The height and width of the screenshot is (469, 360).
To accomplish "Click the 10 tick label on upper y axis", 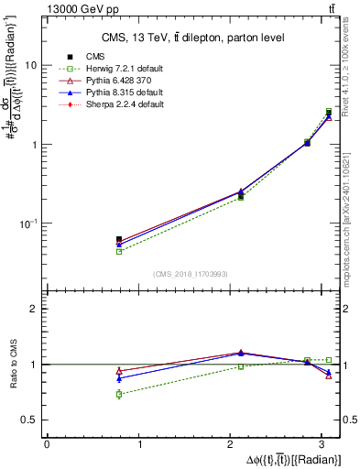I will [x=31, y=66].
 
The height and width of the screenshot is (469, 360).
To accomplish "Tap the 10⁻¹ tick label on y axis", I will [x=29, y=224].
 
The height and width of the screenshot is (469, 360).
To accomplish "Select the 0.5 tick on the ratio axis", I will [x=31, y=420].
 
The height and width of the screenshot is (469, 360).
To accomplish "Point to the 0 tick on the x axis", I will [x=47, y=444].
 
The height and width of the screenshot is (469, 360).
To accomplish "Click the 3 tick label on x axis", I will [x=327, y=444].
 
